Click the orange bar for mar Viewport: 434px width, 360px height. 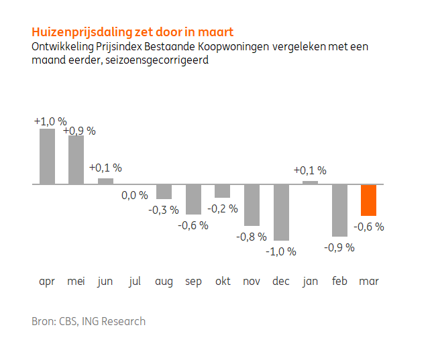click(x=368, y=199)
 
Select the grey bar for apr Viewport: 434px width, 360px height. click(x=47, y=156)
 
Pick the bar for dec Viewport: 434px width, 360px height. click(x=281, y=212)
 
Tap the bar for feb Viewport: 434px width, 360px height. click(x=339, y=210)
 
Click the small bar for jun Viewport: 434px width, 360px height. click(x=105, y=181)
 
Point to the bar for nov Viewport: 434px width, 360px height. click(x=252, y=204)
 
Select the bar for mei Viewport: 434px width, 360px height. click(x=76, y=160)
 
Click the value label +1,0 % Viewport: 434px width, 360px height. click(x=50, y=121)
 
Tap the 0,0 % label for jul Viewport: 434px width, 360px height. click(x=134, y=195)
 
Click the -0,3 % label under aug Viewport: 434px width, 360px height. click(x=164, y=210)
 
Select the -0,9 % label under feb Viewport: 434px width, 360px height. click(x=339, y=247)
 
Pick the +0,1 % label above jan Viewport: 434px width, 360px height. click(x=310, y=170)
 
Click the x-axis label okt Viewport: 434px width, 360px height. click(x=223, y=282)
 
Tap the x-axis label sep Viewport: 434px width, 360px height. click(x=193, y=282)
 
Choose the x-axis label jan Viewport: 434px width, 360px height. click(x=310, y=282)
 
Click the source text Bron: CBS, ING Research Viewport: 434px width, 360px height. click(x=89, y=321)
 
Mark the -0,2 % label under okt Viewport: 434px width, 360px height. click(x=223, y=208)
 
